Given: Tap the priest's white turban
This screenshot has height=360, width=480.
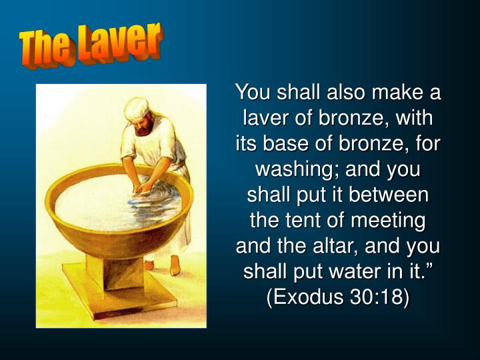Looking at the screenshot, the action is (137, 108).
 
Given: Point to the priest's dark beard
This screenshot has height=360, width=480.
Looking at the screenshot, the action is (145, 127).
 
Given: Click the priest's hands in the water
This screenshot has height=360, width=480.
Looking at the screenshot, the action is (141, 187).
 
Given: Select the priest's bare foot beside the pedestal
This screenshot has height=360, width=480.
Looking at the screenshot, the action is (175, 265).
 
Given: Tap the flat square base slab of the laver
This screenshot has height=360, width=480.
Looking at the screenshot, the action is (119, 294).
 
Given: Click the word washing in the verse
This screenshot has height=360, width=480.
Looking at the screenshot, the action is (294, 169).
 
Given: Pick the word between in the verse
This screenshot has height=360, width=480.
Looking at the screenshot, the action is (388, 195).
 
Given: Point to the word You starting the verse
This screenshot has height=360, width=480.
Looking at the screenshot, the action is (253, 91).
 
